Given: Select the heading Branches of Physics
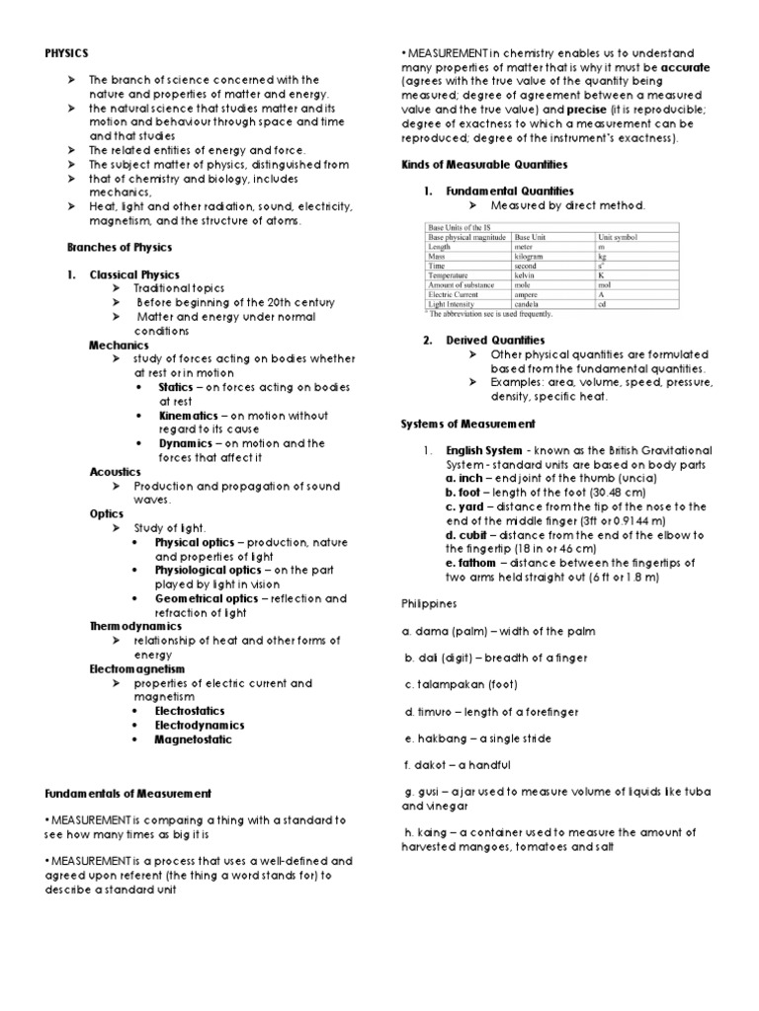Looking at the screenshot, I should click(x=119, y=247).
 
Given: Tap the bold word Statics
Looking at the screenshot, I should click(x=176, y=387).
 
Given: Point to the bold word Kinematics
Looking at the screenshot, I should click(x=188, y=416).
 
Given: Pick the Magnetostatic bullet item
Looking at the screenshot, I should click(x=194, y=739).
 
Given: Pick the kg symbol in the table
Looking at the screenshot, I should click(x=603, y=257).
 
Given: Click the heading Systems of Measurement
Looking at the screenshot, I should click(x=467, y=424).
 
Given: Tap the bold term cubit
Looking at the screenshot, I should click(x=475, y=534).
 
